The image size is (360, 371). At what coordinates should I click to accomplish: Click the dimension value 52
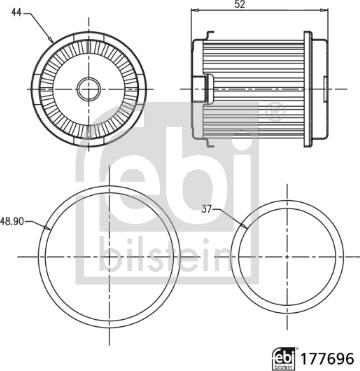pyautogui.click(x=240, y=4)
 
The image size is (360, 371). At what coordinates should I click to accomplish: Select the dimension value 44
pyautogui.click(x=17, y=12)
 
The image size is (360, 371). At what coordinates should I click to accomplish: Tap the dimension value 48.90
pyautogui.click(x=12, y=222)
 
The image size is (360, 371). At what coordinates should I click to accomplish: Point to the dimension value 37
pyautogui.click(x=207, y=209)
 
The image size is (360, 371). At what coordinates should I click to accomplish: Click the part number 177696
pyautogui.click(x=327, y=359)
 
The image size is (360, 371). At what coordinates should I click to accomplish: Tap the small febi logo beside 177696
pyautogui.click(x=284, y=359)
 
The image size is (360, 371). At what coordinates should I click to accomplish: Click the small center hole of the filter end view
pyautogui.click(x=89, y=89)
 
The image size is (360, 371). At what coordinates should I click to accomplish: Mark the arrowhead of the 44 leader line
pyautogui.click(x=51, y=40)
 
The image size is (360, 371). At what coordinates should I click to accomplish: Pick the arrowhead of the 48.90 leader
pyautogui.click(x=47, y=228)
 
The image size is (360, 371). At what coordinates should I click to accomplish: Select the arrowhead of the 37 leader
pyautogui.click(x=245, y=227)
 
